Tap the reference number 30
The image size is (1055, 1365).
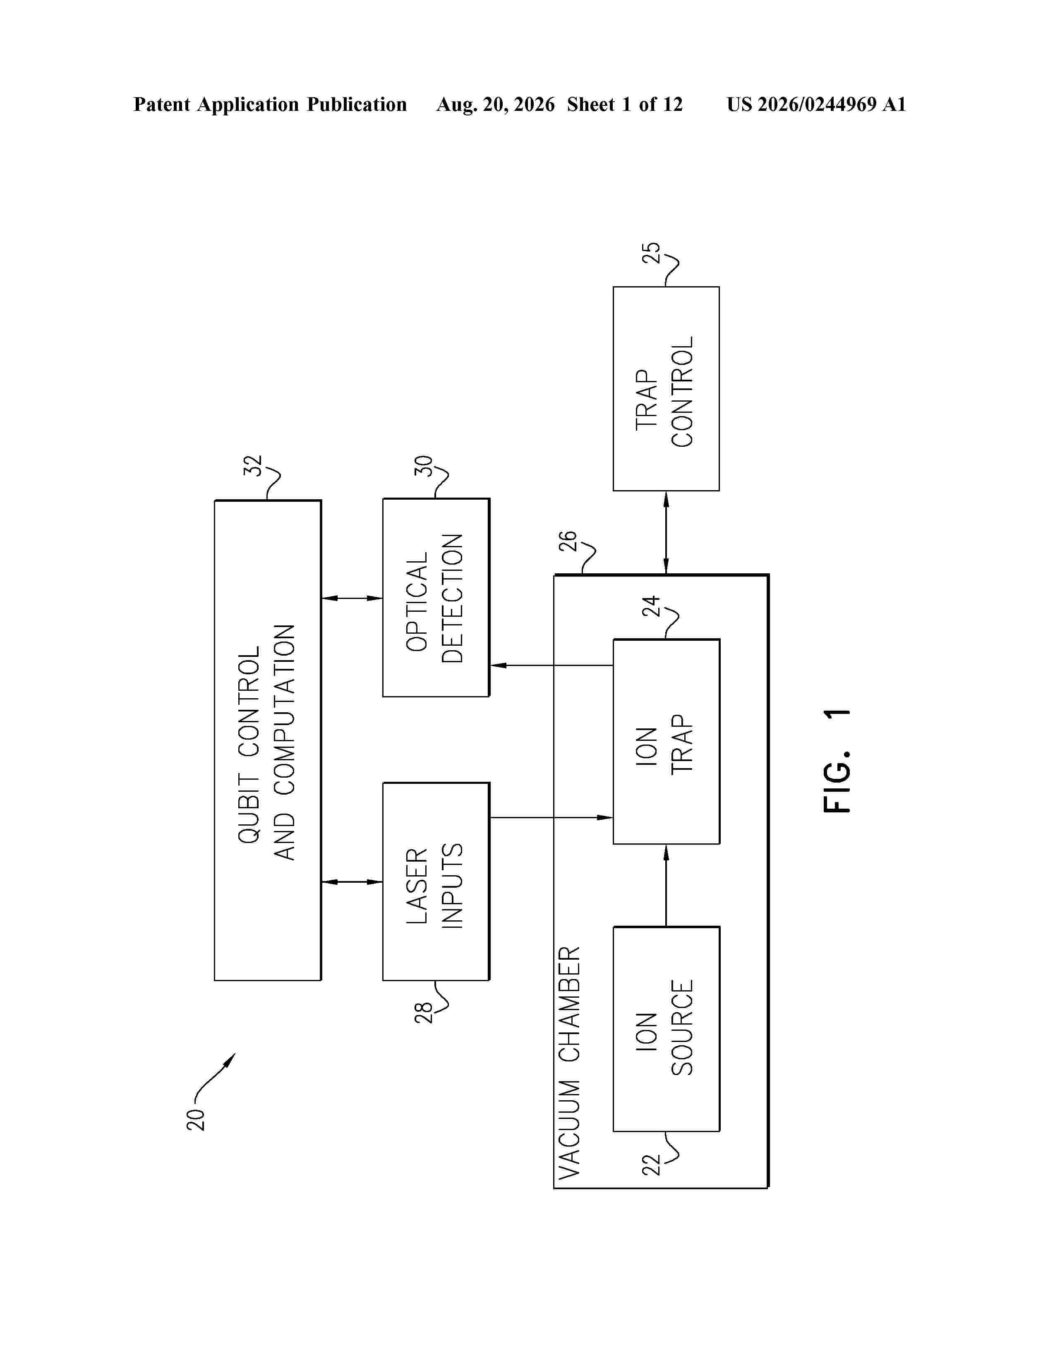click(423, 466)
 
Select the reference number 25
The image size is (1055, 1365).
click(651, 252)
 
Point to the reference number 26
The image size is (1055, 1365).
click(567, 541)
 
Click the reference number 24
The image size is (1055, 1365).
click(651, 606)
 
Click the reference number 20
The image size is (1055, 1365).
click(196, 1119)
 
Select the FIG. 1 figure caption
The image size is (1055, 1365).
click(837, 761)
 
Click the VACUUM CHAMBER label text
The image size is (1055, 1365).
click(569, 1063)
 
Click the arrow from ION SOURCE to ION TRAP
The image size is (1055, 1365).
click(666, 885)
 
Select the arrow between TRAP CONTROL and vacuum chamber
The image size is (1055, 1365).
click(666, 532)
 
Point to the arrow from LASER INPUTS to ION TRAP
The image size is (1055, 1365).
click(551, 817)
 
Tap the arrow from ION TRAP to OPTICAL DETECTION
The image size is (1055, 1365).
click(551, 665)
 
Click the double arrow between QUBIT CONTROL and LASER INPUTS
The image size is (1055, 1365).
click(352, 882)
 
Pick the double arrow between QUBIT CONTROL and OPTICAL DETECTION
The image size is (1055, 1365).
click(352, 598)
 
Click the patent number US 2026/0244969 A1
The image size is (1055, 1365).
click(816, 104)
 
